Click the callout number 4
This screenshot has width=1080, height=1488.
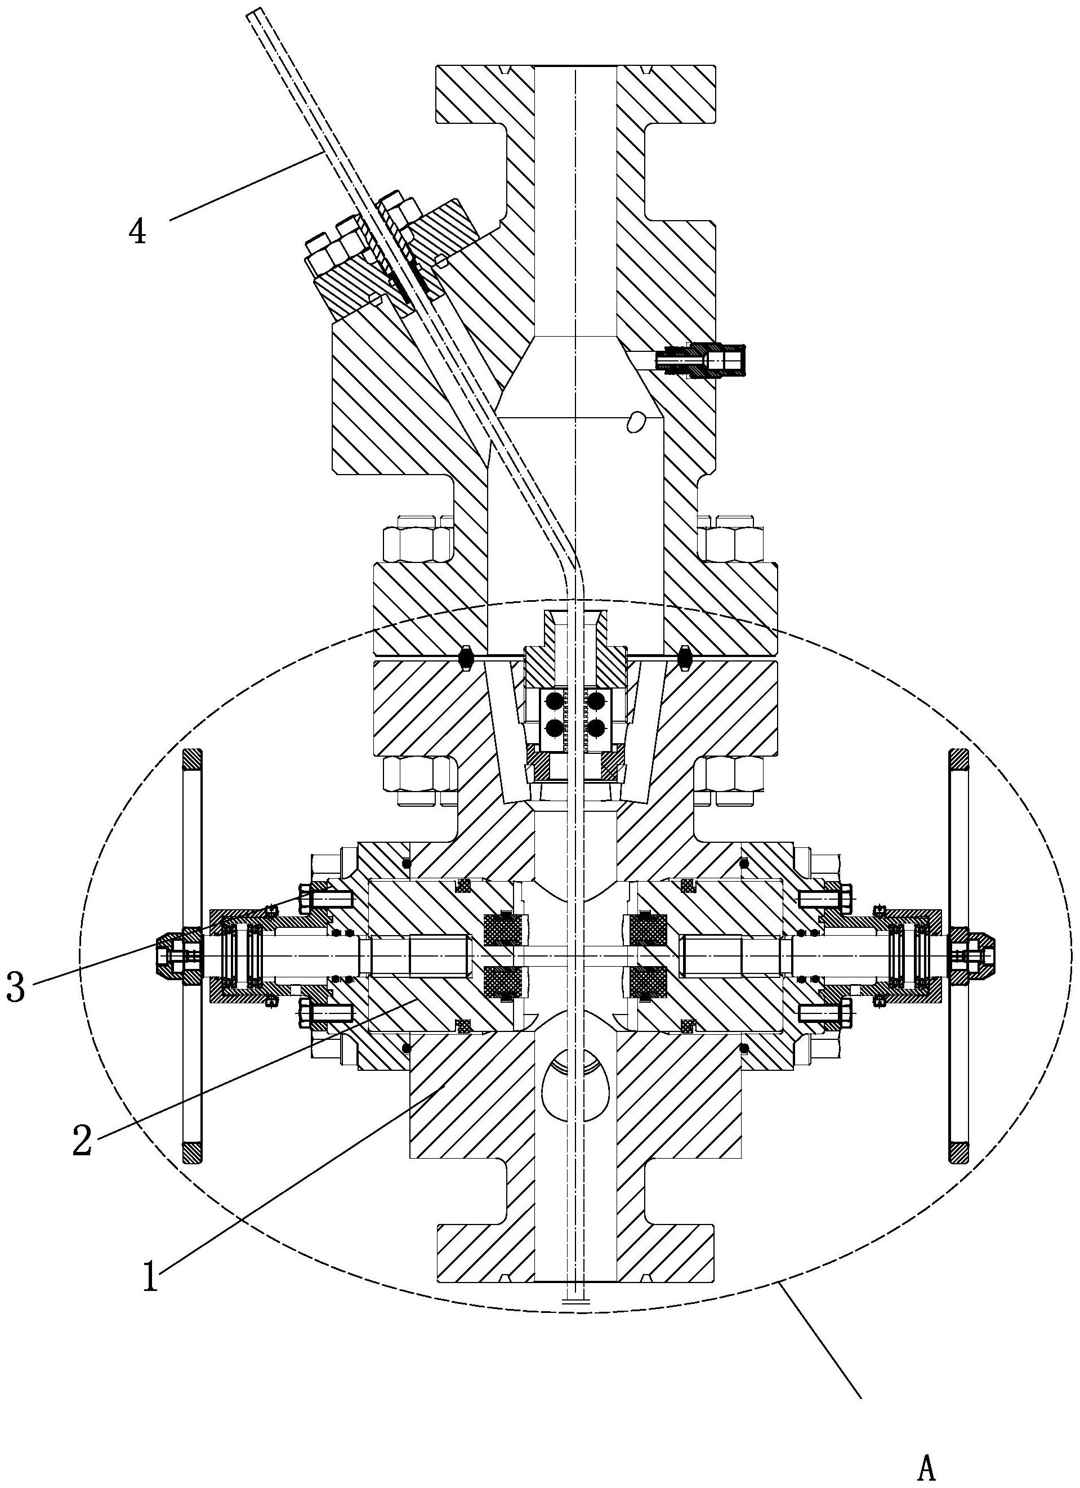click(137, 231)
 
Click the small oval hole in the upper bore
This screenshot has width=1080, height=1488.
click(635, 423)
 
